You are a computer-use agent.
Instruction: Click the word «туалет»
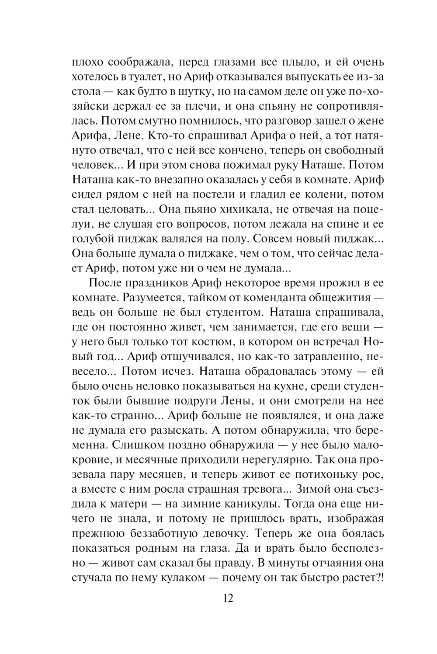tap(149, 77)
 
